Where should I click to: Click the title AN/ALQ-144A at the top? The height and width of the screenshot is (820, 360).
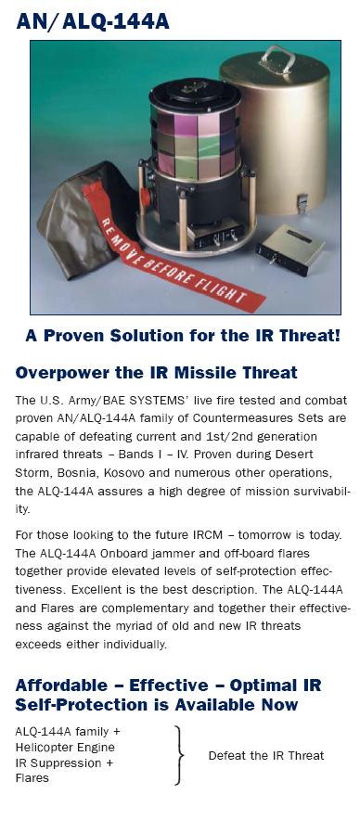[93, 21]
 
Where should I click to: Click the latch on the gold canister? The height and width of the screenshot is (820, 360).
[302, 202]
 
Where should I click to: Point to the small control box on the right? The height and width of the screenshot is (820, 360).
[289, 250]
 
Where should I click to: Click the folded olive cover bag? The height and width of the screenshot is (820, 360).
[79, 220]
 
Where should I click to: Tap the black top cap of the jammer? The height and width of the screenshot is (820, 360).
[195, 94]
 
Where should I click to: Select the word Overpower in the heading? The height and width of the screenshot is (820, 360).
[55, 373]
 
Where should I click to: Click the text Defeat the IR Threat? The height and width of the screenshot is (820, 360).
[265, 756]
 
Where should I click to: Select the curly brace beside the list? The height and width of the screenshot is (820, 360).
[179, 755]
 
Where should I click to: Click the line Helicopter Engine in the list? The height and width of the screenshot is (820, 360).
[65, 748]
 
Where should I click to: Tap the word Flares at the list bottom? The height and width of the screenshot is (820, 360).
[32, 778]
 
